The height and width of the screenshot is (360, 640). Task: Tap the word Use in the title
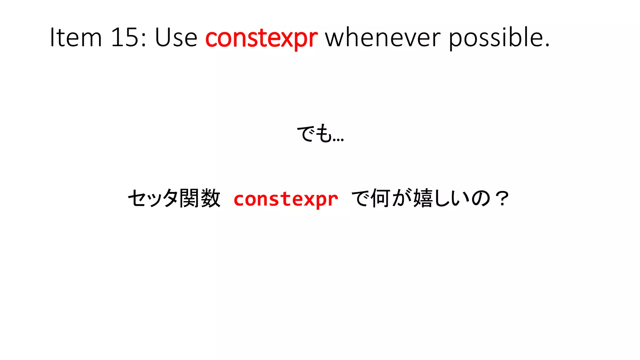176,37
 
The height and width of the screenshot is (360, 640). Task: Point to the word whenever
383,37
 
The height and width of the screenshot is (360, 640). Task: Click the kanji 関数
200,198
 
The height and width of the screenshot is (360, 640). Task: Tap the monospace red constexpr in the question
286,199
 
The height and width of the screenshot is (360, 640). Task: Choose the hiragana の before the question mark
481,199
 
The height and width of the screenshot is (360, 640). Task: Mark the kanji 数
211,198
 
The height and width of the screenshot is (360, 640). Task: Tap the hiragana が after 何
402,198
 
